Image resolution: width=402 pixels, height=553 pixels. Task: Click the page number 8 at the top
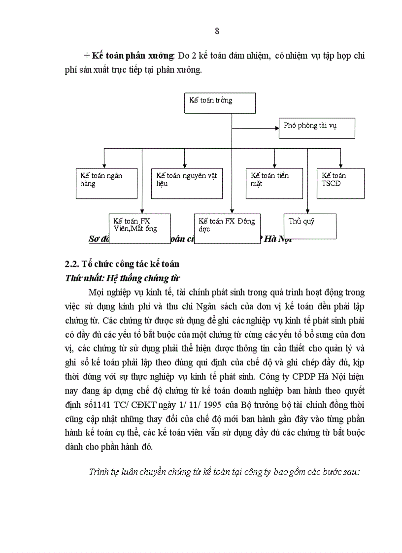(x=217, y=31)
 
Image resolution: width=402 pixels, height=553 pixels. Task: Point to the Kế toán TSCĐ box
(x=340, y=183)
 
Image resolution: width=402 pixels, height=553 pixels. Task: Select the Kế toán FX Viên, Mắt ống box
(x=139, y=228)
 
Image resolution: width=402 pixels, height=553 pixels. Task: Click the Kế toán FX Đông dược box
(x=228, y=228)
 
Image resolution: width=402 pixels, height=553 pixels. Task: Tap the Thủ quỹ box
(x=310, y=226)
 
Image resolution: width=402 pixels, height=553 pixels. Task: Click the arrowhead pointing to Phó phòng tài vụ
(x=276, y=128)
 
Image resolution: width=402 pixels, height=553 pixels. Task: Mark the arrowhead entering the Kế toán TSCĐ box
(x=340, y=166)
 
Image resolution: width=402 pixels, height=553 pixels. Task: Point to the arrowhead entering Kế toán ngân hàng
(x=104, y=166)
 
